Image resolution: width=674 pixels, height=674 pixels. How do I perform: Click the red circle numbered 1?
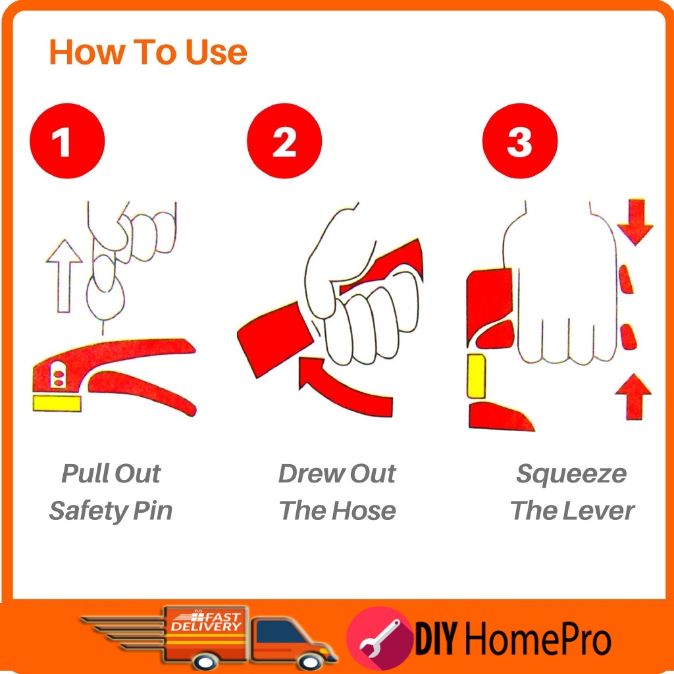tap(67, 141)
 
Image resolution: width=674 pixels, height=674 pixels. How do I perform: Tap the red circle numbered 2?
tap(284, 141)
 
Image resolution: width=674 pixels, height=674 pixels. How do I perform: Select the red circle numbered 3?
tap(520, 141)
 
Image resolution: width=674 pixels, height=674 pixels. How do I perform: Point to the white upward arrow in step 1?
tap(64, 276)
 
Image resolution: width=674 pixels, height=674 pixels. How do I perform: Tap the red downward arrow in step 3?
tap(635, 221)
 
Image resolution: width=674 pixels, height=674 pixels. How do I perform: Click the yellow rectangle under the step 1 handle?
tap(57, 403)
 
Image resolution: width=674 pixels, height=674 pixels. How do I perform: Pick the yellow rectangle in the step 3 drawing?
tap(477, 376)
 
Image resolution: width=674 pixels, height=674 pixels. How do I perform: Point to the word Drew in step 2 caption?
tap(311, 474)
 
